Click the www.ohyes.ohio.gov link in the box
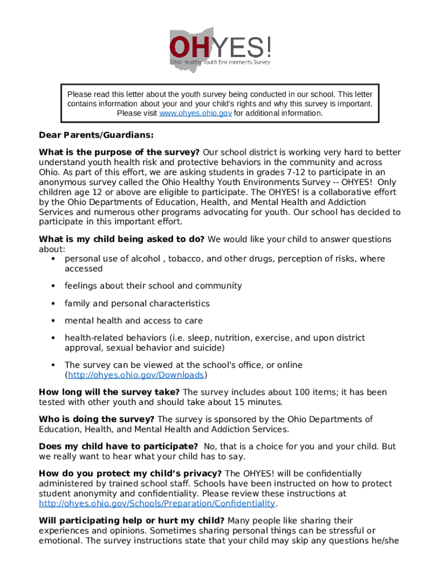click(195, 113)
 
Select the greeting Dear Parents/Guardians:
click(96, 136)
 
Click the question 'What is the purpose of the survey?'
click(119, 153)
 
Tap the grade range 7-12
click(314, 172)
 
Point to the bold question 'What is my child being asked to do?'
click(121, 239)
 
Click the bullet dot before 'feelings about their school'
click(53, 286)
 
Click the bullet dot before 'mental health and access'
click(53, 320)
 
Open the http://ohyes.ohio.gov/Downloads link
click(136, 375)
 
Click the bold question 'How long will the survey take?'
click(109, 392)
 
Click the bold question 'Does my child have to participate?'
click(118, 446)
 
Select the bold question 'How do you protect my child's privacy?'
click(130, 474)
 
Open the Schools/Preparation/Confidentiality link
click(157, 503)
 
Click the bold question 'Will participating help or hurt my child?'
click(131, 520)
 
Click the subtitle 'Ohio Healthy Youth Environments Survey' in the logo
click(220, 62)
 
